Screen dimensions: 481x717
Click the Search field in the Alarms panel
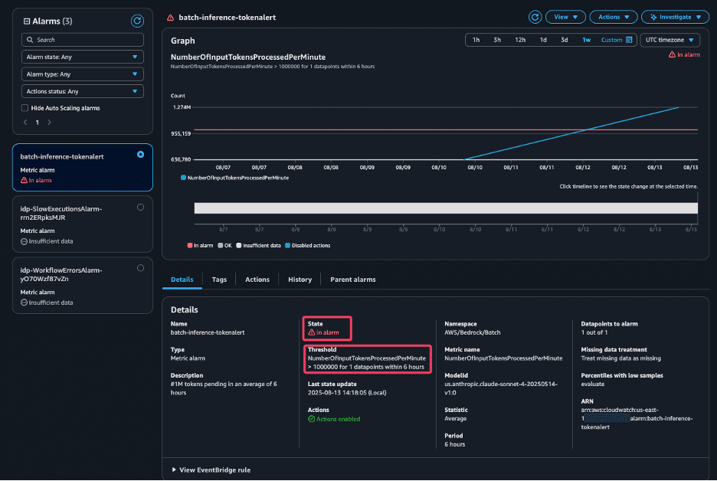click(83, 39)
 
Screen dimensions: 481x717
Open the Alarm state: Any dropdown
click(83, 57)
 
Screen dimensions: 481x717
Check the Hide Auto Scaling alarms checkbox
click(25, 108)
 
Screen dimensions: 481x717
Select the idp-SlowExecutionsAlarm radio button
click(140, 208)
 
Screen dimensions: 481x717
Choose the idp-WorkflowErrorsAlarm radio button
click(140, 268)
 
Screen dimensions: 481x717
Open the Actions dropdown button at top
click(614, 17)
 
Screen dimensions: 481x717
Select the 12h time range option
click(520, 40)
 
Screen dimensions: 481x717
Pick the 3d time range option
click(565, 40)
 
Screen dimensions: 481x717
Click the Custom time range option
click(616, 40)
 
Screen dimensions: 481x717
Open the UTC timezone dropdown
click(670, 40)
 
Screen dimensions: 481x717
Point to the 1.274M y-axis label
click(182, 108)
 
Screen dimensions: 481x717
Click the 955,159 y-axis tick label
click(181, 133)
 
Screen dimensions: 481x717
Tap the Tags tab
click(219, 280)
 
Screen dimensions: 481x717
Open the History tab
click(300, 280)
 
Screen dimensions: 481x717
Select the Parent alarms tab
click(352, 280)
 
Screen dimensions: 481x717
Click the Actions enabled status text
click(338, 419)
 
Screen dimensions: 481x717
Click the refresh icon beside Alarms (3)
click(137, 21)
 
